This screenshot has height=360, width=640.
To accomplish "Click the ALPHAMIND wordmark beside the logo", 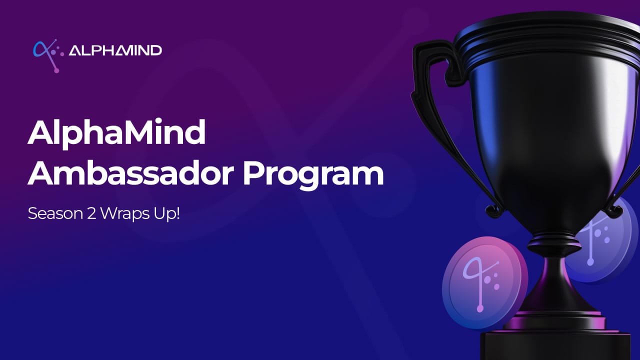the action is [x=115, y=50].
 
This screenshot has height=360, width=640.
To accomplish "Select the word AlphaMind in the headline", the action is [x=116, y=133].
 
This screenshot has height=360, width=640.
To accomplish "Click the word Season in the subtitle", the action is [x=55, y=213].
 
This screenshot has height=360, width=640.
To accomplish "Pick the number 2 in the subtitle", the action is [x=91, y=213].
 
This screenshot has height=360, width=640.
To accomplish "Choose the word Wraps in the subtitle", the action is [x=125, y=214].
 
